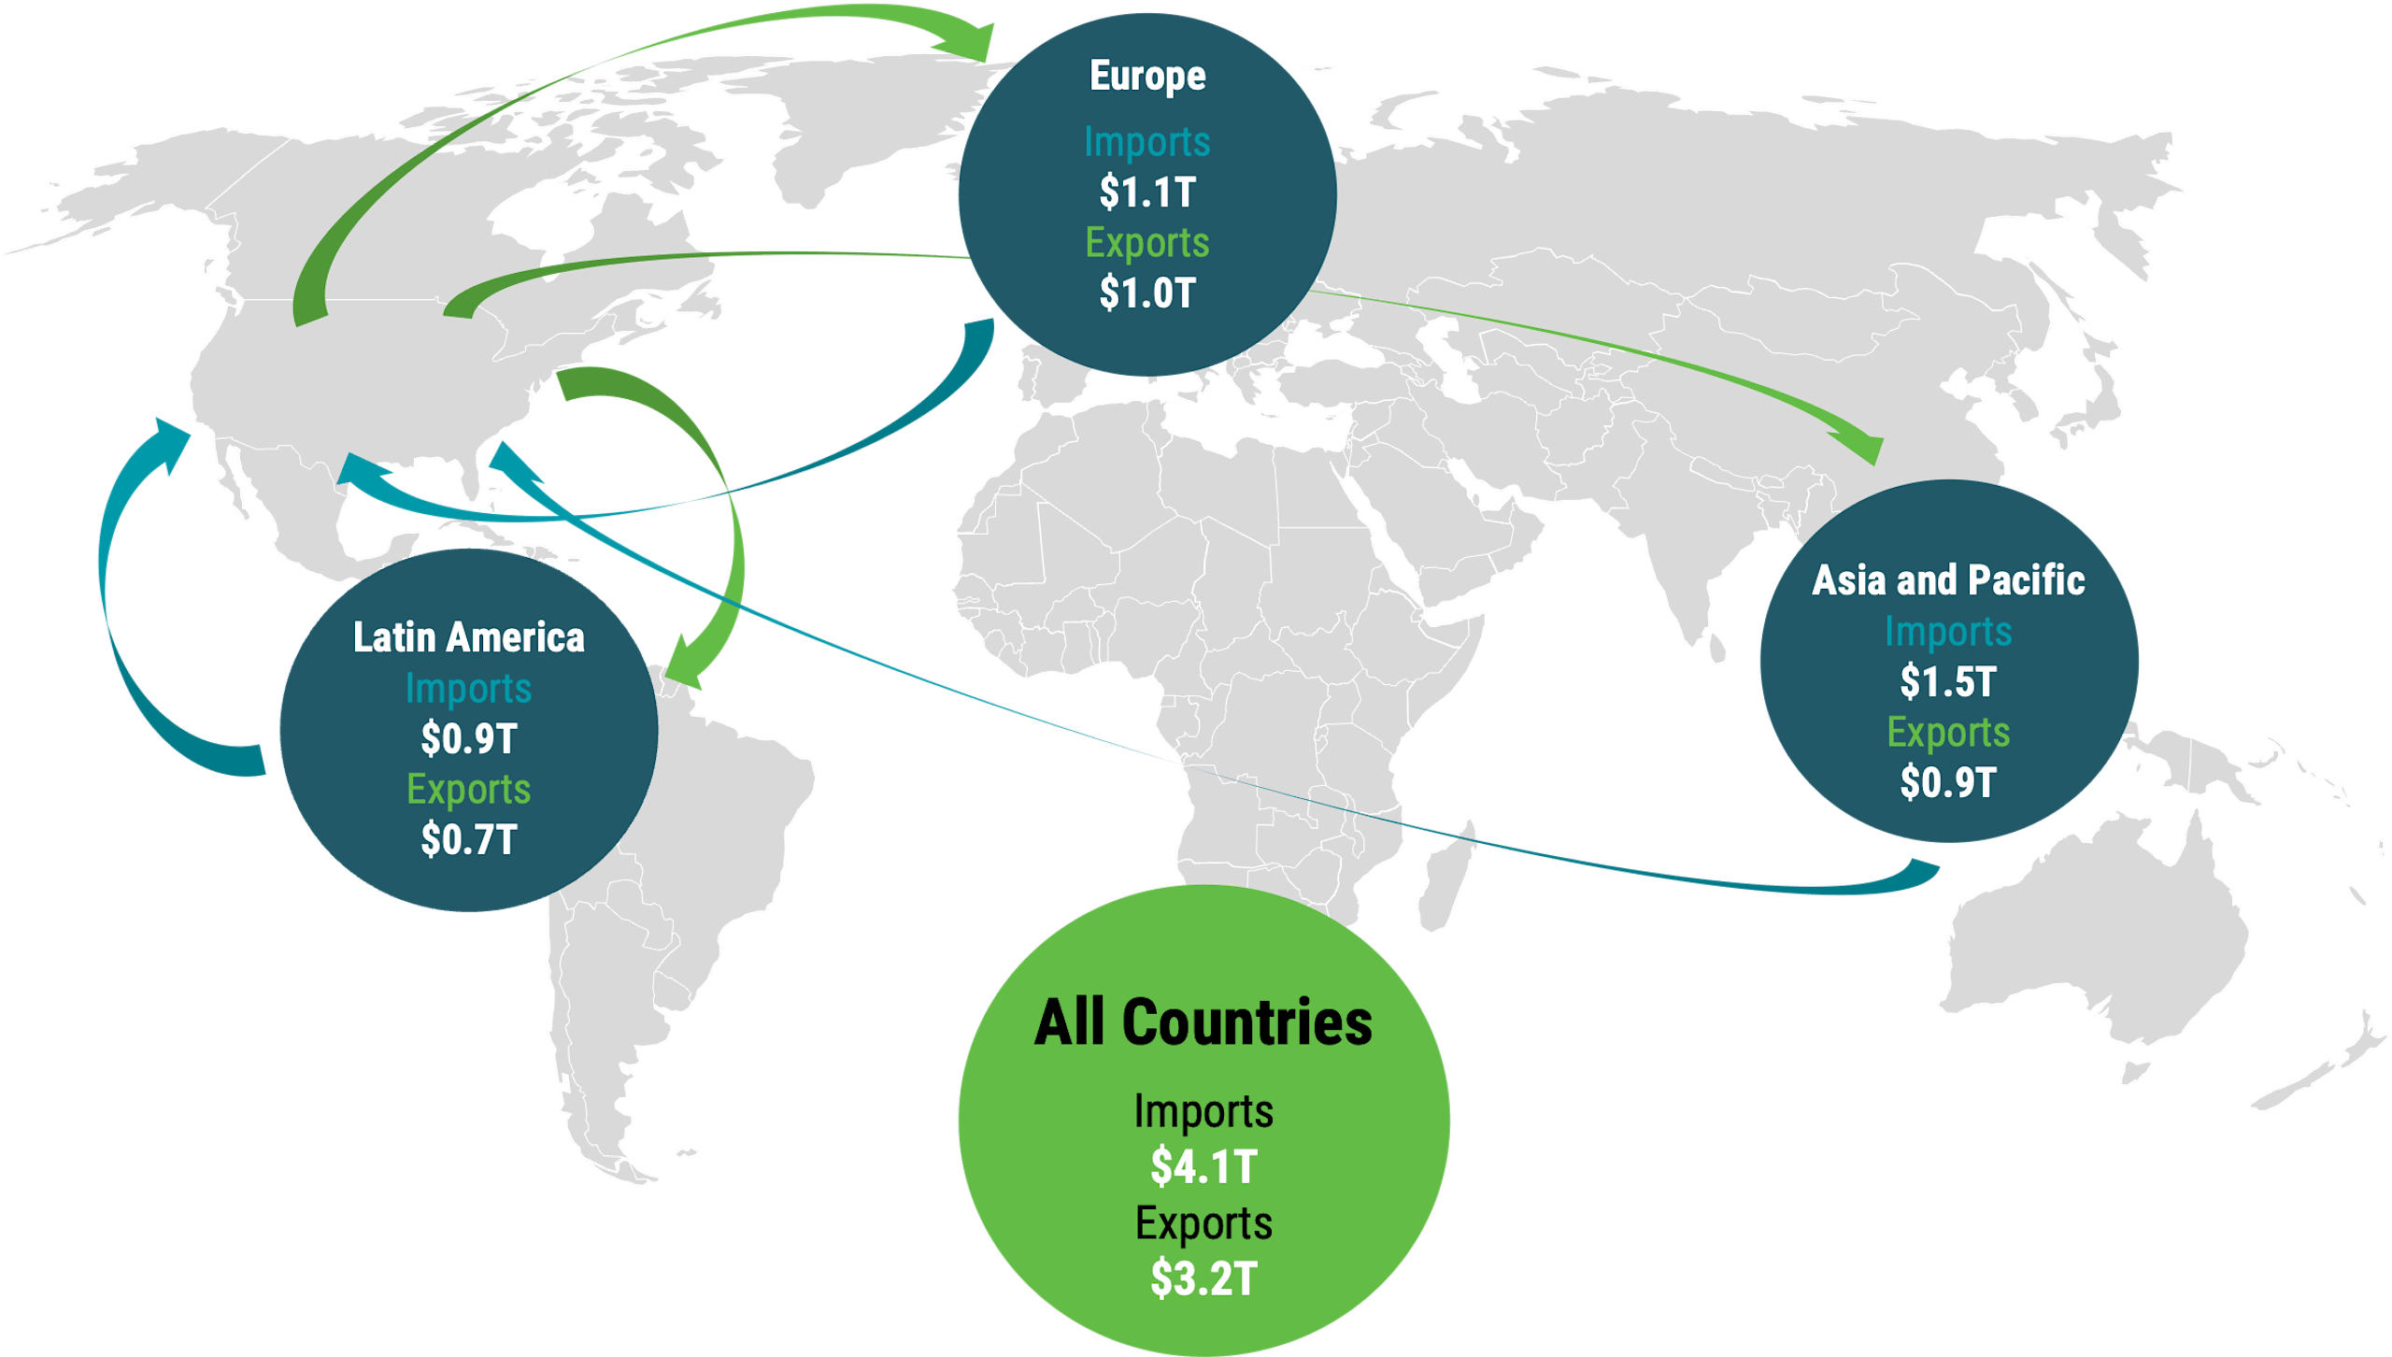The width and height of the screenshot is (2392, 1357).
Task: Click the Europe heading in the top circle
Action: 1147,77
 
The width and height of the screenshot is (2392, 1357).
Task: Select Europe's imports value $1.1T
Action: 1147,193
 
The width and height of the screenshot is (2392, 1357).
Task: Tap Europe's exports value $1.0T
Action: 1147,293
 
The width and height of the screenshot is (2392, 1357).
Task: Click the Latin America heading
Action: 468,638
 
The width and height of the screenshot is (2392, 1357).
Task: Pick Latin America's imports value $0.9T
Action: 468,739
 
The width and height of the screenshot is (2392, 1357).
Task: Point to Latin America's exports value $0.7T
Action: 468,839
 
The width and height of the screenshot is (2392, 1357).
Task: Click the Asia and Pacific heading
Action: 1948,580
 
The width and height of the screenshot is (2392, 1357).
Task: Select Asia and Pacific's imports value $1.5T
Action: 1948,682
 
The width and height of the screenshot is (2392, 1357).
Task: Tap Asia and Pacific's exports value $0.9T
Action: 1948,783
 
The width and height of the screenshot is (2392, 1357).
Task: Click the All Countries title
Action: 1203,1022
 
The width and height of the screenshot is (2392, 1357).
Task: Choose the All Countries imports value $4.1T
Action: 1203,1167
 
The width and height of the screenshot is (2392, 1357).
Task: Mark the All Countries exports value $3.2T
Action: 1203,1278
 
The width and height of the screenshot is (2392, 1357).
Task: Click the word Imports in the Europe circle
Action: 1147,142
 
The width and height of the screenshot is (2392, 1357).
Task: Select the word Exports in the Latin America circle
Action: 468,790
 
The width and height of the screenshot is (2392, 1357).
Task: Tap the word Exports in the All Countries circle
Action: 1203,1223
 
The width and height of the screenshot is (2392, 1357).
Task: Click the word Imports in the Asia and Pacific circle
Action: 1948,632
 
